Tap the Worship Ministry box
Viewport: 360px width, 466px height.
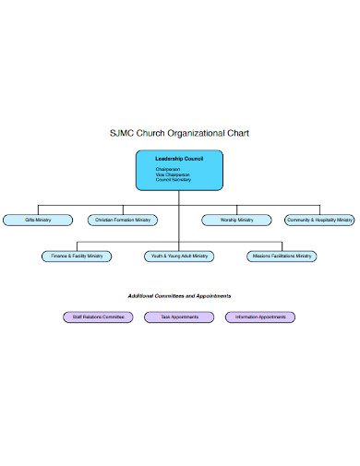pos(237,220)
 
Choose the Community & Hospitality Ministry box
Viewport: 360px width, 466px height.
pos(319,220)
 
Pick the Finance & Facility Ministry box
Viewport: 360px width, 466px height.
pos(77,256)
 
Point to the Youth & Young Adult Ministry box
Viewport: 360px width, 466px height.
pos(179,256)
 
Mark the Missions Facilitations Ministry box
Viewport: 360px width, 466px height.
pos(282,256)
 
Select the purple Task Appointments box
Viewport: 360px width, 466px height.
pos(179,317)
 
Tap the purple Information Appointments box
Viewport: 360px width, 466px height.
pos(260,317)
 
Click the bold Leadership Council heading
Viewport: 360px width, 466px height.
pos(179,160)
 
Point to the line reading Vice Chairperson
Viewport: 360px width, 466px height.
pos(172,174)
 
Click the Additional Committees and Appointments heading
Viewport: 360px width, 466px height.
pos(179,296)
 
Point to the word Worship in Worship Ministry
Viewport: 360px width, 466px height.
pos(230,220)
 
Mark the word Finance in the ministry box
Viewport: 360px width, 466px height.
pos(60,256)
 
